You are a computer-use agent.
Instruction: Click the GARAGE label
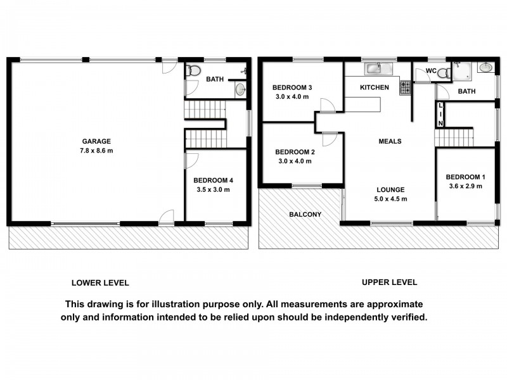tap(96, 141)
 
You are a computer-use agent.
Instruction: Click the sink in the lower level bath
tap(240, 90)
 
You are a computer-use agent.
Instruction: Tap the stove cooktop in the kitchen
tap(404, 87)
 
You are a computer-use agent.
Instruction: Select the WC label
tap(431, 70)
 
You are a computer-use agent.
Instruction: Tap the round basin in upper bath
tap(485, 67)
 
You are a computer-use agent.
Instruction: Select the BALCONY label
tap(305, 215)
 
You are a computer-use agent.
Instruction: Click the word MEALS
tap(389, 141)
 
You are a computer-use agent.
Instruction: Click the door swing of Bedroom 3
tap(325, 106)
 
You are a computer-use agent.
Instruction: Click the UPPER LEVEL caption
tap(389, 282)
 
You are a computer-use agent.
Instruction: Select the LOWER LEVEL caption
tap(100, 283)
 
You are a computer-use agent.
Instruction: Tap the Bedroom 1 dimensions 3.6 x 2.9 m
tap(464, 186)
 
